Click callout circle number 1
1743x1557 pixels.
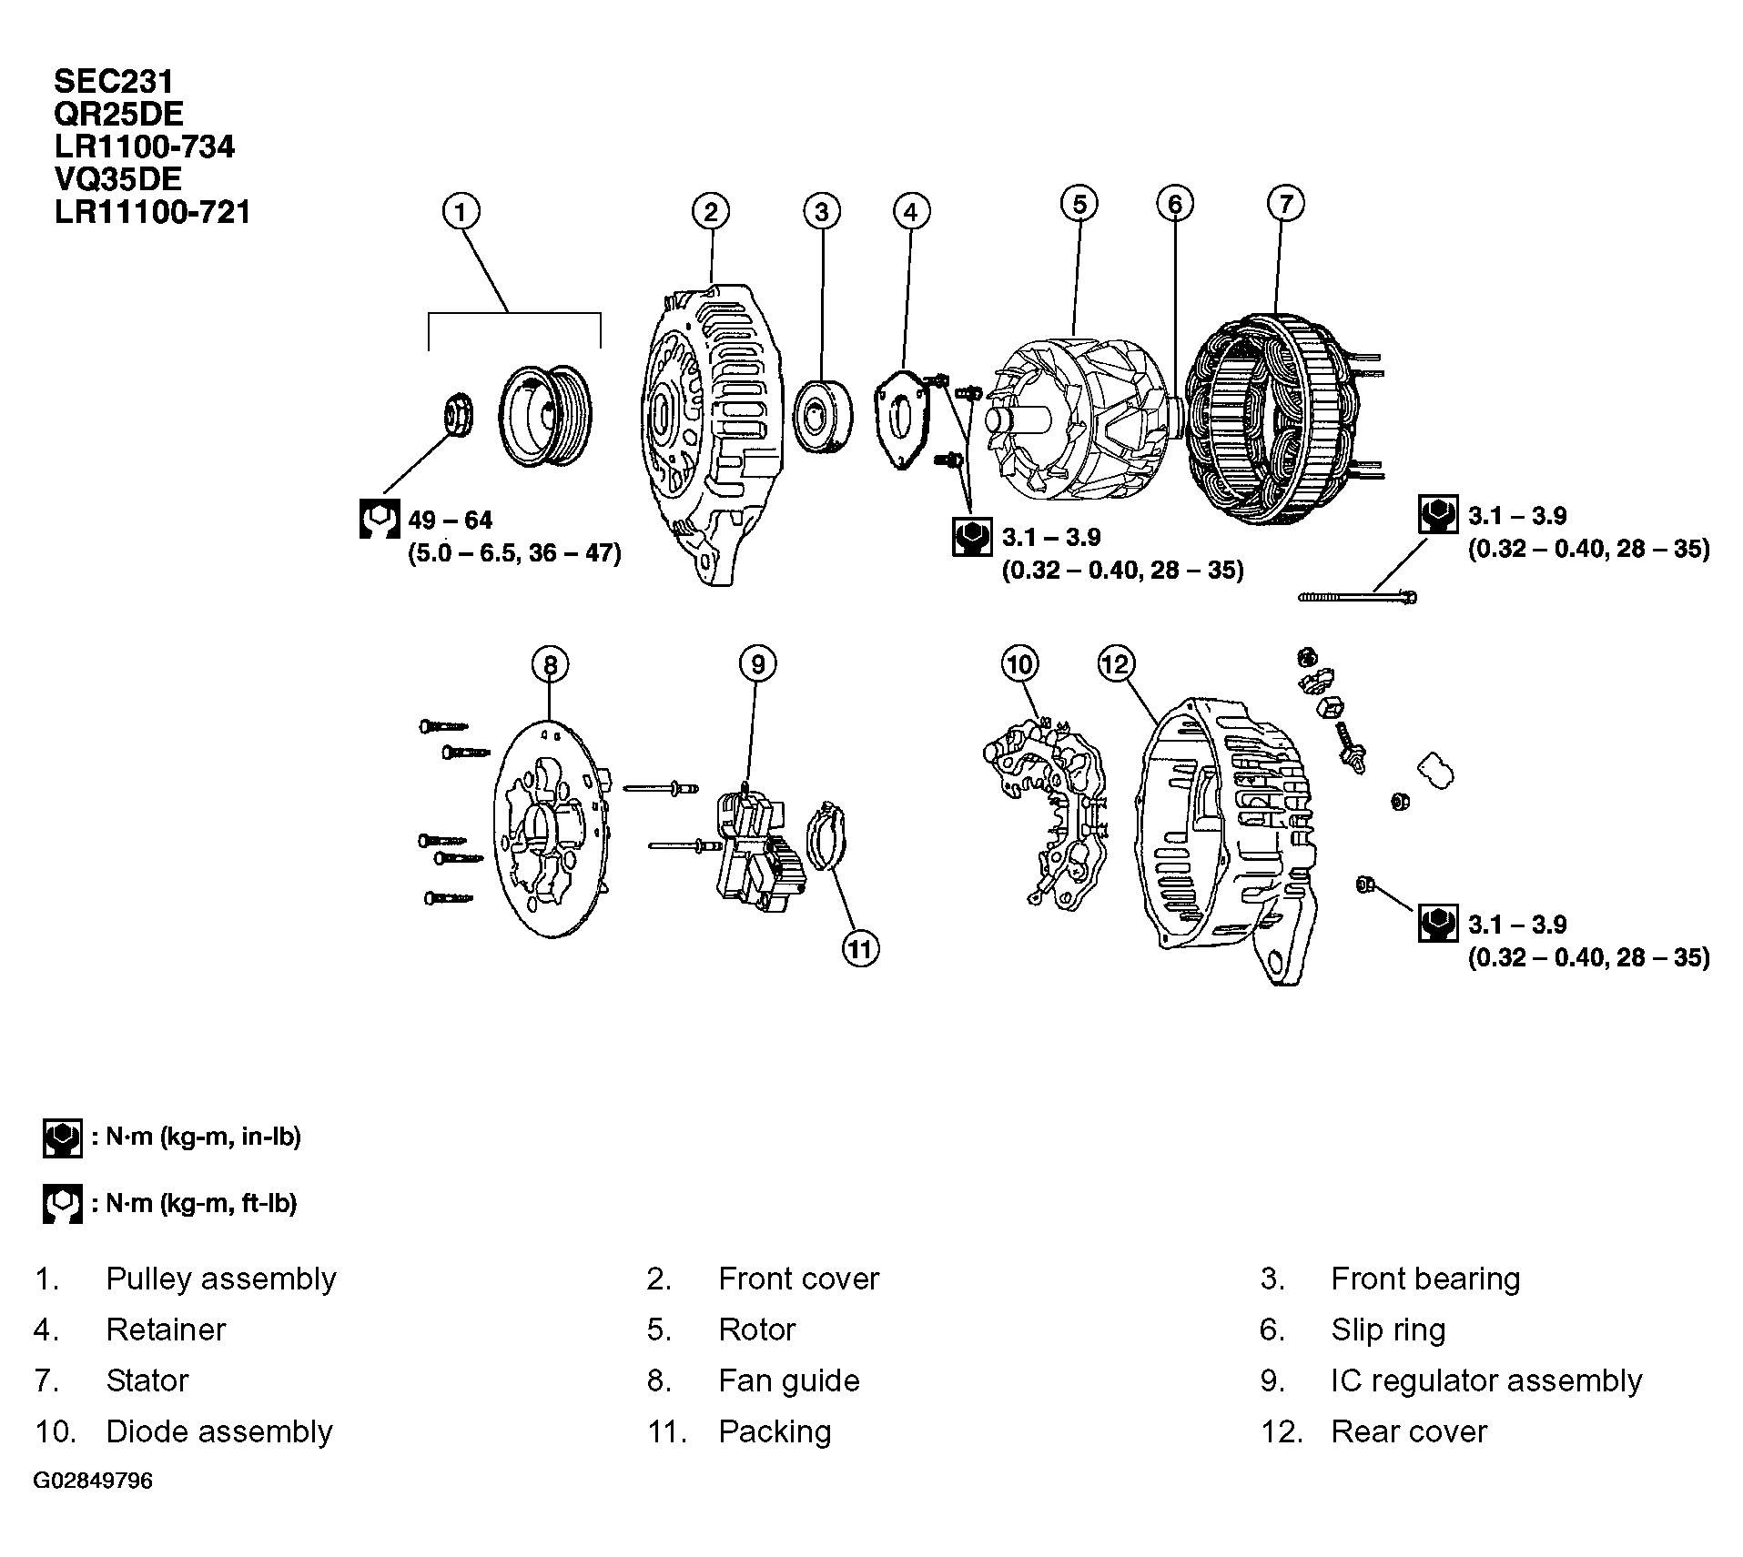click(461, 212)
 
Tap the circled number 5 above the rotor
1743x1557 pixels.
click(1079, 203)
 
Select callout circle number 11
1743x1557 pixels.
click(860, 949)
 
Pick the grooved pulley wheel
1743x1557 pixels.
click(544, 416)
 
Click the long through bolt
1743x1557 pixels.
click(1356, 597)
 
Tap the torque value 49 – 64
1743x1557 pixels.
click(451, 521)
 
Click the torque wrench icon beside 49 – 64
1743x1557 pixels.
click(379, 519)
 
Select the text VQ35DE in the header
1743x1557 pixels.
click(118, 178)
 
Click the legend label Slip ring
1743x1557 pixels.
click(1388, 1330)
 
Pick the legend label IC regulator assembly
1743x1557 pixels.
click(1485, 1380)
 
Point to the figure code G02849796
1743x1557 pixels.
click(94, 1481)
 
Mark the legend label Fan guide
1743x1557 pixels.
click(788, 1380)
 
